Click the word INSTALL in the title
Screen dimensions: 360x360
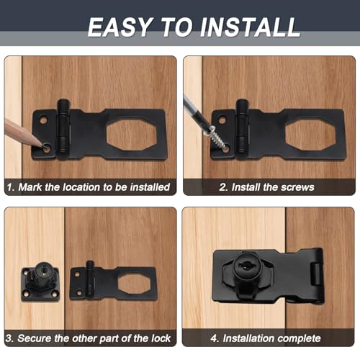tap(250, 27)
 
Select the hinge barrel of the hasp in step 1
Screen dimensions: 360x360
tap(63, 126)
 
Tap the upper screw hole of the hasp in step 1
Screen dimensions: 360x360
tap(43, 120)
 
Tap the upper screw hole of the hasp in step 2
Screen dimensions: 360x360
tap(222, 120)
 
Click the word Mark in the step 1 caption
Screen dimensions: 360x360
tap(30, 187)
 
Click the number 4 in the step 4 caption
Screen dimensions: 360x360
tap(214, 338)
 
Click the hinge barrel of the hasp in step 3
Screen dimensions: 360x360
tap(90, 278)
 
